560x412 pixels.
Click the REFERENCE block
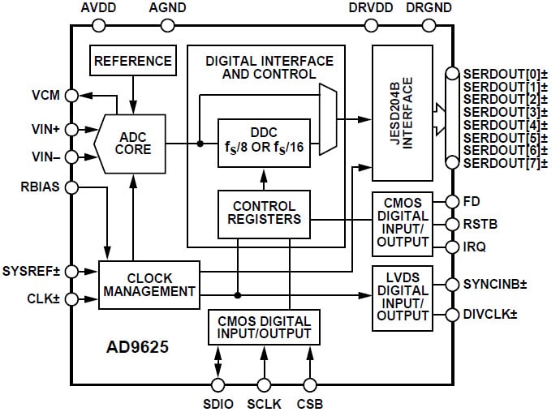click(x=133, y=61)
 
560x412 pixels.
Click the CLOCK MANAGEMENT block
click(x=148, y=284)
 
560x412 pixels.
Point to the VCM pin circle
click(x=72, y=95)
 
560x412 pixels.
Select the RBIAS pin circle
click(x=72, y=188)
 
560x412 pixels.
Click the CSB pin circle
click(x=309, y=386)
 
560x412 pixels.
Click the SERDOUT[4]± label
click(x=499, y=125)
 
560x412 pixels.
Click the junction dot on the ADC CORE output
click(x=200, y=144)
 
